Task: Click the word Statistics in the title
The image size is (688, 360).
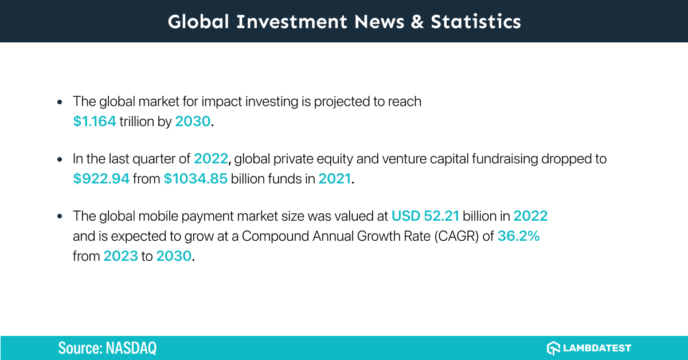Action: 476,21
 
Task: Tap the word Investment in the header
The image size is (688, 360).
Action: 292,21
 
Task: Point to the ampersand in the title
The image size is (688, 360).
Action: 417,21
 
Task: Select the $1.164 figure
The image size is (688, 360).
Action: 95,122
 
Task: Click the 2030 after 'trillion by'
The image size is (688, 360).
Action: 193,122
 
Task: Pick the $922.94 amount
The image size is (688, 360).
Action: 101,179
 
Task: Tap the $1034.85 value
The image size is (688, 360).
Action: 196,179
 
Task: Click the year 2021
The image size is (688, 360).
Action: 334,179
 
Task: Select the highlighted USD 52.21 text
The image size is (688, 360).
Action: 425,216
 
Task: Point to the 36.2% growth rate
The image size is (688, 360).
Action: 518,236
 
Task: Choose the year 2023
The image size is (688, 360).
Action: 120,256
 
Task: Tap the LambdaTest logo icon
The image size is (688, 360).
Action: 553,348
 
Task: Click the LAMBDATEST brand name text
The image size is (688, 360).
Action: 598,348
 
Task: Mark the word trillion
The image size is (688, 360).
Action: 136,122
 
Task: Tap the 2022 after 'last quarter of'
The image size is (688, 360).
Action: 210,159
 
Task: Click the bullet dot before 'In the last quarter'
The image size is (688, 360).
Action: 60,159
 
